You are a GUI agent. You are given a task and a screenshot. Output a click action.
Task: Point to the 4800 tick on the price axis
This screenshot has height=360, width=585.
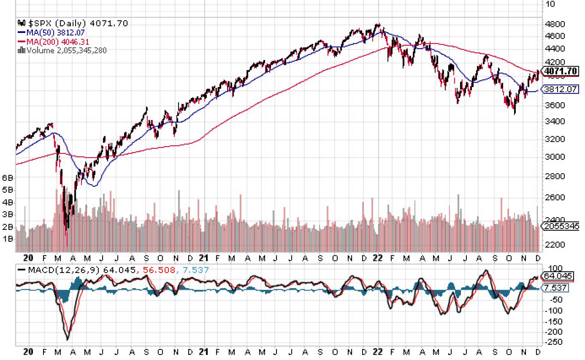[554, 24]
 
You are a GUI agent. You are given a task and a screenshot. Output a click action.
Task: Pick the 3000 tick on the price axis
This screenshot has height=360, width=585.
[554, 157]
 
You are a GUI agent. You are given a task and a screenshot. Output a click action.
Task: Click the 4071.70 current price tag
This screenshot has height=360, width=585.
[561, 71]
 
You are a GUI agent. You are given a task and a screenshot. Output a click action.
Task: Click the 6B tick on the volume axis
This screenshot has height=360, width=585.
[8, 178]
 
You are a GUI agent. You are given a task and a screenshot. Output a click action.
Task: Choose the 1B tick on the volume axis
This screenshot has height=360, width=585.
[8, 239]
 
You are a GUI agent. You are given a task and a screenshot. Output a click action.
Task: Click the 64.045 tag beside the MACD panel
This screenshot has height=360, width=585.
[558, 276]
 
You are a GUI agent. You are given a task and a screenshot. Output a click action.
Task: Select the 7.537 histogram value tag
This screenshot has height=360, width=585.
[556, 288]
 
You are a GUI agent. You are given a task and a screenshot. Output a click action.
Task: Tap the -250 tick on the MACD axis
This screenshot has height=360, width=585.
[553, 342]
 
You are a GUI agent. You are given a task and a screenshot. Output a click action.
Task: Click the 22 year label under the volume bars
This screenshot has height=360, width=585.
[377, 258]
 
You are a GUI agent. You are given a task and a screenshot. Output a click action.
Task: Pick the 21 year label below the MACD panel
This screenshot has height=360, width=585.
[204, 352]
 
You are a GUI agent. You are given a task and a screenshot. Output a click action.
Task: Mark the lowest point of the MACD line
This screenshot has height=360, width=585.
[67, 340]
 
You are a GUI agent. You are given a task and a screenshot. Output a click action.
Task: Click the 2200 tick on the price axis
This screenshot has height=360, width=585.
[554, 245]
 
